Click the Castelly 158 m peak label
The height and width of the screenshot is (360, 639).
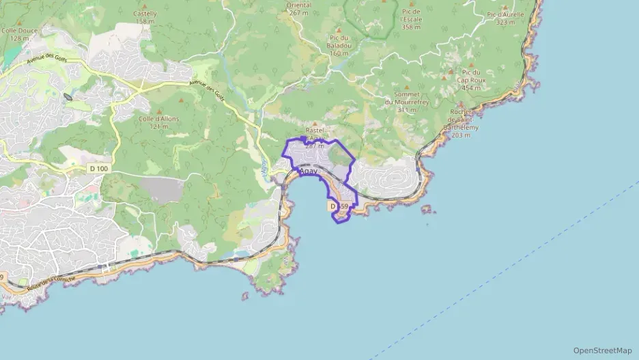[x=145, y=17]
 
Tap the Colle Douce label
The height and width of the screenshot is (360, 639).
[x=19, y=34]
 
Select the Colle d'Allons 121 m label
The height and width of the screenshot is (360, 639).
[x=158, y=122]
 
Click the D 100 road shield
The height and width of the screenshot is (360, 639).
[x=98, y=168]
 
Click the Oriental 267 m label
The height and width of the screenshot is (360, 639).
[x=299, y=8]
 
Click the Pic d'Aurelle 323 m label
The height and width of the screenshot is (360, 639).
[x=505, y=18]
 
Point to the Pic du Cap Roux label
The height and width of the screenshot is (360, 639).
[x=471, y=79]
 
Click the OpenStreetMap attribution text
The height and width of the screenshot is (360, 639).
[x=602, y=350]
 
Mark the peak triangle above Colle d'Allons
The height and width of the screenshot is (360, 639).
[x=160, y=111]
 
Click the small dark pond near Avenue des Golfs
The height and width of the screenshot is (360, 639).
[x=68, y=97]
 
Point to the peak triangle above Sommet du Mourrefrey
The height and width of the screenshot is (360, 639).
[x=408, y=87]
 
